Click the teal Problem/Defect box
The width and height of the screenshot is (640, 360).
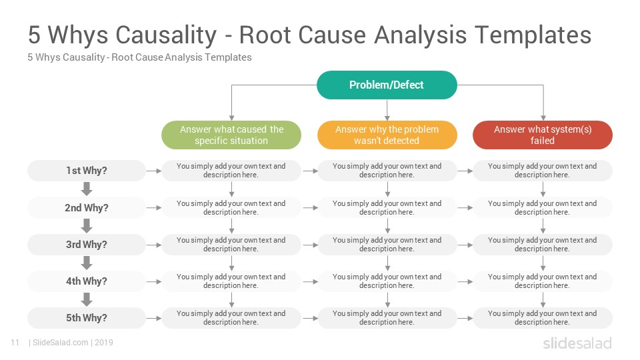click(387, 85)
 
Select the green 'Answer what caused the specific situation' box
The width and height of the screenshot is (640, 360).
click(231, 135)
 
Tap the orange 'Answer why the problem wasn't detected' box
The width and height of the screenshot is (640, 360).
click(387, 135)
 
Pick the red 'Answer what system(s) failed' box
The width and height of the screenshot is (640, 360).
click(543, 135)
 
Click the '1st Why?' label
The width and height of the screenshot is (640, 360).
click(87, 171)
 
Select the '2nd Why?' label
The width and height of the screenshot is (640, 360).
click(87, 208)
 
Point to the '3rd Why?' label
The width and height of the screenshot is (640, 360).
click(87, 245)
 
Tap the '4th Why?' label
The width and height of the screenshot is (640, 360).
click(87, 281)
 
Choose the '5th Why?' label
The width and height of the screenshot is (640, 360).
click(87, 318)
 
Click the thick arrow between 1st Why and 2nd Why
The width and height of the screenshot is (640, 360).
click(87, 189)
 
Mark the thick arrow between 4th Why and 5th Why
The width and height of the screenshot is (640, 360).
click(87, 299)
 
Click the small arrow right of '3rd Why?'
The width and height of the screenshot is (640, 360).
click(154, 245)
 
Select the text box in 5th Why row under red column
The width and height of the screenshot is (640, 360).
click(543, 318)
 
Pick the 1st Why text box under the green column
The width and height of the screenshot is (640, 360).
click(231, 171)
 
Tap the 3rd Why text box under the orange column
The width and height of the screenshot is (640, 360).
click(387, 245)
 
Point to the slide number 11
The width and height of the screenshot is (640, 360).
click(15, 343)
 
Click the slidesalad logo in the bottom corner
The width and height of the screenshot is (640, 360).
click(577, 343)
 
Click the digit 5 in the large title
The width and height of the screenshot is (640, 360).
click(34, 35)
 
